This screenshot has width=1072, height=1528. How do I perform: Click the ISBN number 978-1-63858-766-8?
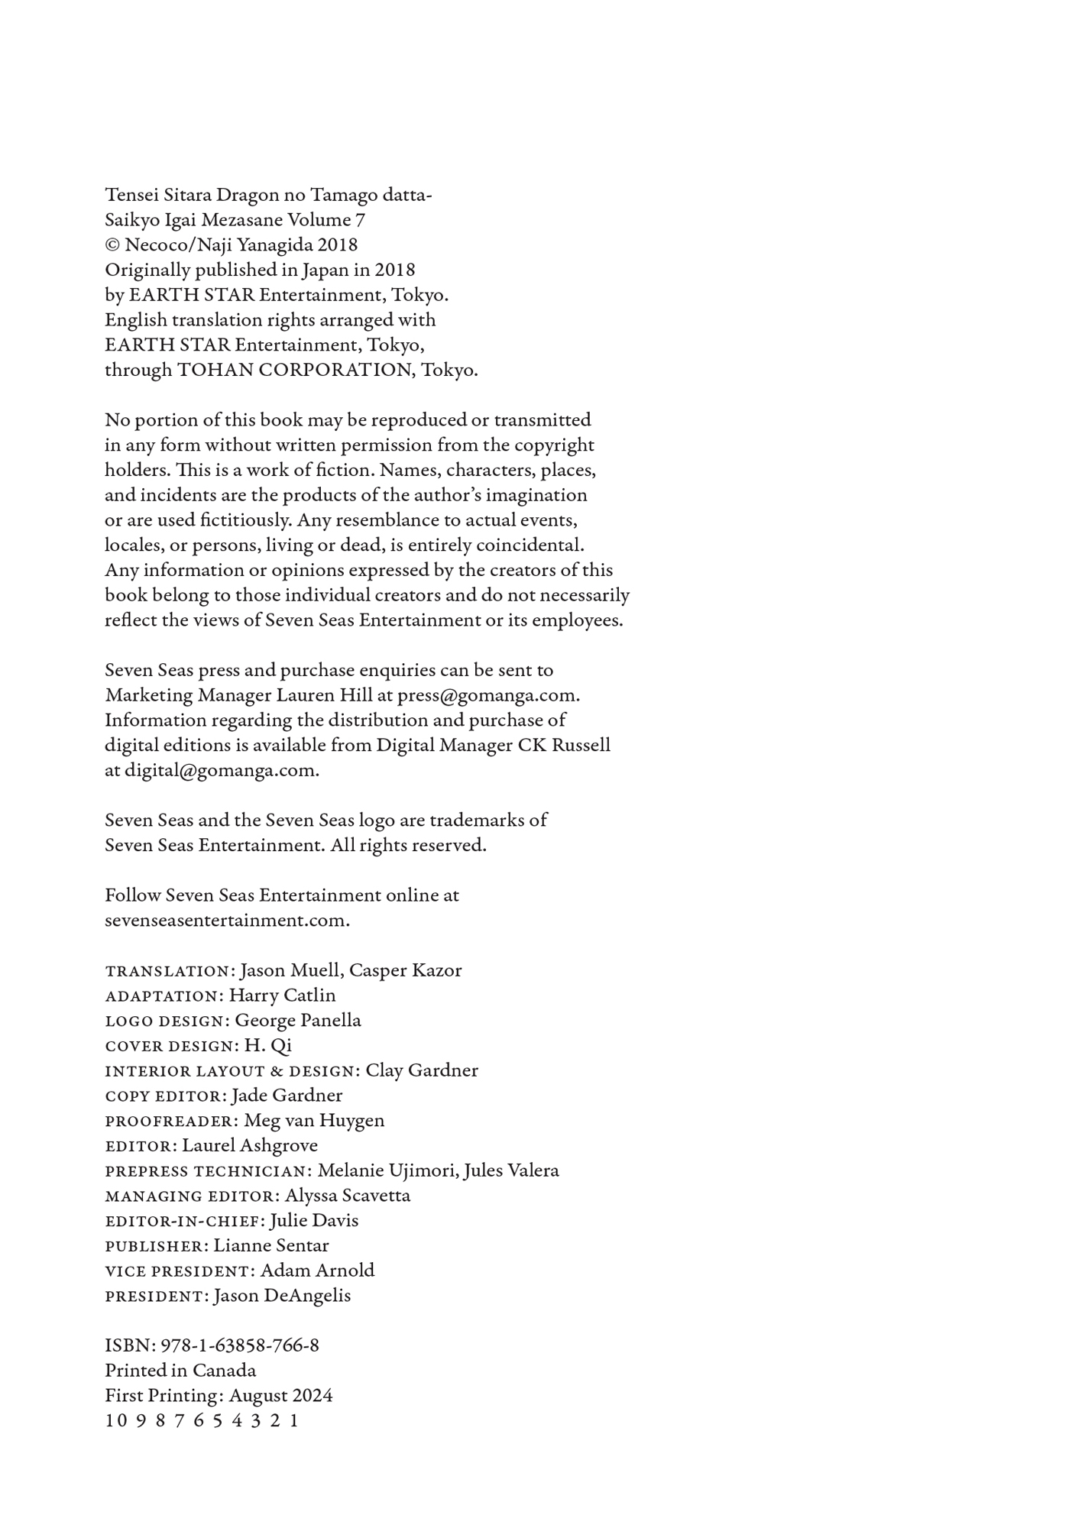tap(239, 1345)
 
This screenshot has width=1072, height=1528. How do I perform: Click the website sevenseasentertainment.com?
tap(226, 921)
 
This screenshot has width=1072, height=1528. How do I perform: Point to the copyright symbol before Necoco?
tap(112, 245)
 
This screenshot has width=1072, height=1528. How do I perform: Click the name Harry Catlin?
tap(282, 995)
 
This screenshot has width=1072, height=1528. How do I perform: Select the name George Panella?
tap(298, 1021)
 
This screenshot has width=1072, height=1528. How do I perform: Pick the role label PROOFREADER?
tap(172, 1122)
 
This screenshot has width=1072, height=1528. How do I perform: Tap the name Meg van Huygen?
tap(314, 1121)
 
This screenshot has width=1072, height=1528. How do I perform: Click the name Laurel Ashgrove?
tap(250, 1146)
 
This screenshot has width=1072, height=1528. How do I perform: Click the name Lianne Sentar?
tap(271, 1246)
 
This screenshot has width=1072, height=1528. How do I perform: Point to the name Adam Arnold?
tap(317, 1271)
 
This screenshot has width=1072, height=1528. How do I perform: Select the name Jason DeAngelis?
tap(282, 1297)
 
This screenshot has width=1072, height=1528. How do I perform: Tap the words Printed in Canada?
tap(180, 1371)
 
